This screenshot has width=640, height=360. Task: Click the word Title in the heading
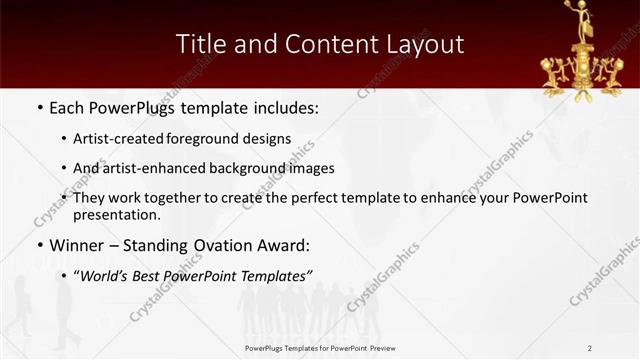[x=199, y=44]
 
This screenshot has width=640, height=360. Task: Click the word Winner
[x=75, y=244]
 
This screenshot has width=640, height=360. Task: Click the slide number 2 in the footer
[x=590, y=347]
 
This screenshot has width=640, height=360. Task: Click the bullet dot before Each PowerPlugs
[x=38, y=106]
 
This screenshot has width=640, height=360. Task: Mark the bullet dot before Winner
[x=38, y=245]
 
